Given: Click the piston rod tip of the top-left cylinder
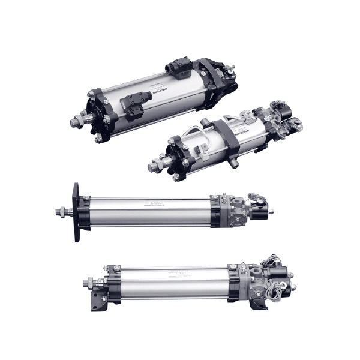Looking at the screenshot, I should [75, 122].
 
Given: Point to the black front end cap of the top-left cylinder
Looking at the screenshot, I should [99, 114].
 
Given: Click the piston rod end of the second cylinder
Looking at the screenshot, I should [154, 163].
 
